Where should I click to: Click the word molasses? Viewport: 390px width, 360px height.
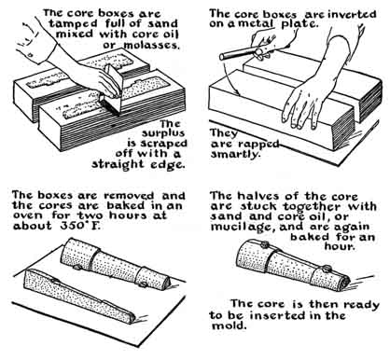tap(151, 45)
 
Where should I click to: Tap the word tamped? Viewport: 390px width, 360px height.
tap(72, 23)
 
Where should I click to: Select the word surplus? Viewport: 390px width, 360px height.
tap(163, 134)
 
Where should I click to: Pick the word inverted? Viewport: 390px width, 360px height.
tap(353, 14)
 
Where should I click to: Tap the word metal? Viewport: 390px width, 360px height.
tap(256, 24)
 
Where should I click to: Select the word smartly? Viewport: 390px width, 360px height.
tap(235, 154)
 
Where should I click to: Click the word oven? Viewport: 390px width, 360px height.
tap(27, 215)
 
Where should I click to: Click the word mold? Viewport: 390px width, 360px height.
tap(229, 326)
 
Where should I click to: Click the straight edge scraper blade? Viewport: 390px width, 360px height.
tap(112, 90)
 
